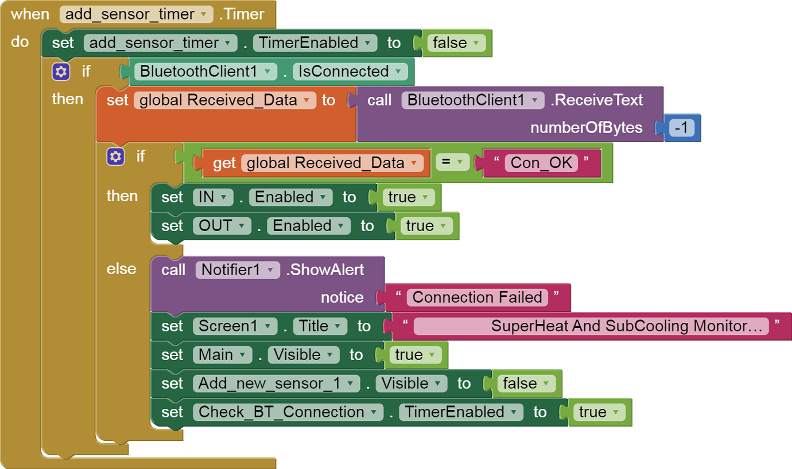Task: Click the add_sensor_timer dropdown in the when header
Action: [136, 14]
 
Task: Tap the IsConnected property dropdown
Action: [350, 72]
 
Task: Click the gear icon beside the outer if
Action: [61, 72]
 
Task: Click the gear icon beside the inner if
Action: [115, 156]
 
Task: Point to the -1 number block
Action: [681, 128]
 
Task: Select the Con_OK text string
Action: [541, 163]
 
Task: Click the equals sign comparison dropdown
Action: [452, 163]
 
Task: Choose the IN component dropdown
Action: [213, 197]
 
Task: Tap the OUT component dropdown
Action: [222, 226]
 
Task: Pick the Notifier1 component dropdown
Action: [237, 269]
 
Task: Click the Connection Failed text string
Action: [477, 297]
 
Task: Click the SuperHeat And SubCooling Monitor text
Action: [591, 326]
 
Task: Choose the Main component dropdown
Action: [222, 355]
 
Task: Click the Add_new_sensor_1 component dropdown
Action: [276, 384]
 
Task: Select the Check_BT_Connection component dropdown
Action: [288, 412]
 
